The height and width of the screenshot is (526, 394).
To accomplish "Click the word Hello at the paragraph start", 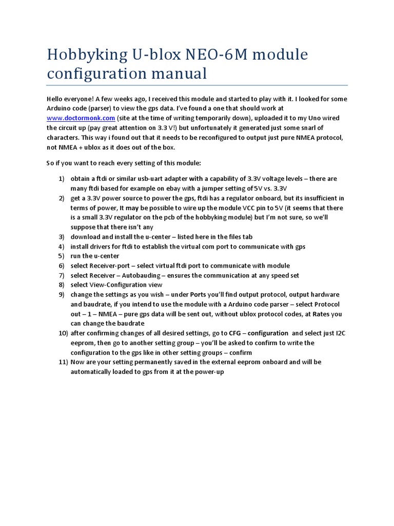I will point(55,99).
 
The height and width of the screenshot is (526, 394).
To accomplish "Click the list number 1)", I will point(61,179).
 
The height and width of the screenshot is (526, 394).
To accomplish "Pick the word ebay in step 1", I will point(170,189).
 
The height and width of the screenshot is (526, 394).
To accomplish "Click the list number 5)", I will point(61,256).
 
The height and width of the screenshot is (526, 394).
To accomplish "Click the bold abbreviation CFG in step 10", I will point(235,333).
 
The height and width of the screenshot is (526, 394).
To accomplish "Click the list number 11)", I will point(63,362).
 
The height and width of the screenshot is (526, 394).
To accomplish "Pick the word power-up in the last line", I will point(209,371).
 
